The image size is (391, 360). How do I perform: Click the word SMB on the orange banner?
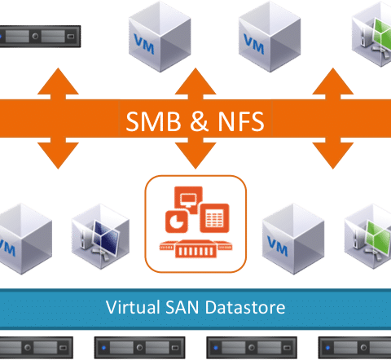click(153, 121)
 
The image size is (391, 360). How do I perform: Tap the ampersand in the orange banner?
click(199, 121)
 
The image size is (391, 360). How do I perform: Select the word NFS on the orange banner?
click(241, 121)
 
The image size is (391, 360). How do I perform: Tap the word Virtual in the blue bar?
click(133, 307)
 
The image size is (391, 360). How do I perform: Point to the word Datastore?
click(245, 307)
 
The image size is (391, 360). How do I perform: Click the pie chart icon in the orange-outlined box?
click(177, 222)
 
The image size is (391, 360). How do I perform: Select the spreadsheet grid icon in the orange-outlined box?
click(214, 218)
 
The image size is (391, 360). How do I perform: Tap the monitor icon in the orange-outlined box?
click(188, 200)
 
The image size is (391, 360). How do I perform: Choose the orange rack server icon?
click(195, 248)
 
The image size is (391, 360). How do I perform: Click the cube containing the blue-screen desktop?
click(100, 236)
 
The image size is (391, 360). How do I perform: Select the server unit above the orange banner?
click(40, 37)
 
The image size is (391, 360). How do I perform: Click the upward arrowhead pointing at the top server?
click(58, 81)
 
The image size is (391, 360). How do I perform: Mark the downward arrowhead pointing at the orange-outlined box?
click(195, 156)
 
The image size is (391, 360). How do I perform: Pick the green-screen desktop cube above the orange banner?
click(371, 34)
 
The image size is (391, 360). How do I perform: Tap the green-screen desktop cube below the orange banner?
click(368, 236)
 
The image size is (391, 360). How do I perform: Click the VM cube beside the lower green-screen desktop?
click(293, 239)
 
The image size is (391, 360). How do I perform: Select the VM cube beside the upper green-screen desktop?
click(270, 37)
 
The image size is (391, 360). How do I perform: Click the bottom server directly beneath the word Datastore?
click(252, 348)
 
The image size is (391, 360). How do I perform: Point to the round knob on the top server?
click(35, 36)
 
